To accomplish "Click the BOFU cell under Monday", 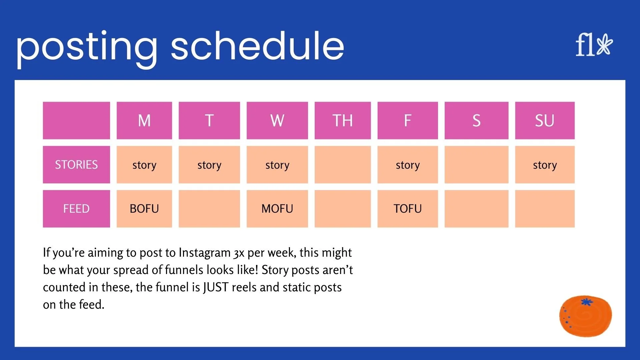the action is pyautogui.click(x=144, y=209).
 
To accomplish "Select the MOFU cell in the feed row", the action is pyautogui.click(x=277, y=209).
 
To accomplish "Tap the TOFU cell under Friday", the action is pyautogui.click(x=408, y=209).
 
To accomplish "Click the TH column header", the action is pyautogui.click(x=343, y=120).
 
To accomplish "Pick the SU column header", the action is pyautogui.click(x=545, y=120).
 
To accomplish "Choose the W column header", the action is pyautogui.click(x=277, y=120).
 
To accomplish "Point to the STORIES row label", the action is pyautogui.click(x=76, y=165).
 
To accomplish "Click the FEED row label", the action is pyautogui.click(x=76, y=209).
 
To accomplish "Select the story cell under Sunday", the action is pyautogui.click(x=545, y=165).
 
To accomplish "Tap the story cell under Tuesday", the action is pyautogui.click(x=209, y=165).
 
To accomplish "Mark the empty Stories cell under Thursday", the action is pyautogui.click(x=343, y=165).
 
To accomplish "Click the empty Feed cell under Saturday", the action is pyautogui.click(x=476, y=209).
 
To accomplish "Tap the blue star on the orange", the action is pyautogui.click(x=587, y=302).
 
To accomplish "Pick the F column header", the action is pyautogui.click(x=408, y=120).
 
